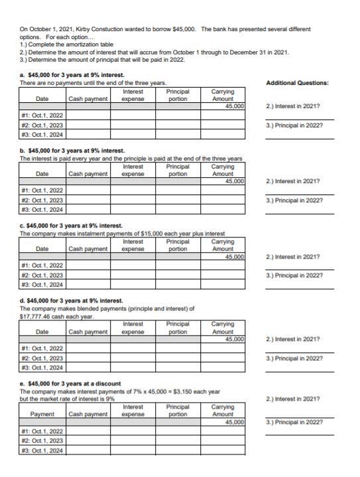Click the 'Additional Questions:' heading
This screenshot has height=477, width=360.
coord(297,83)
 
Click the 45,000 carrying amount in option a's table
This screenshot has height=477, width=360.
coord(234,106)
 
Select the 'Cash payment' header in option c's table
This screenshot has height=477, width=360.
coord(88,249)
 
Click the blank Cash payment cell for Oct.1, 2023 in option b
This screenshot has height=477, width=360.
coord(88,200)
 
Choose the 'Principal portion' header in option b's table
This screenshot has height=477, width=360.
coord(177,170)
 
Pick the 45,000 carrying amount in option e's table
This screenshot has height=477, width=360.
coord(234,421)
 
